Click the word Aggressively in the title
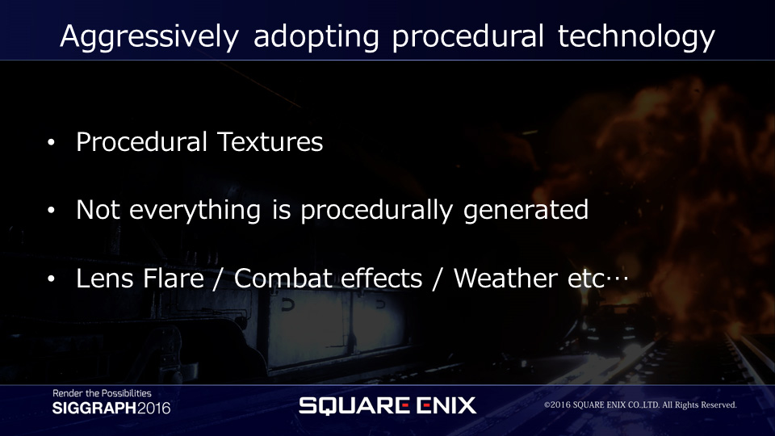(149, 36)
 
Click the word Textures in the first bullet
(270, 142)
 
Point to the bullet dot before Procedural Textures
(52, 143)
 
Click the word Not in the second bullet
(98, 210)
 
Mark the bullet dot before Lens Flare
(52, 279)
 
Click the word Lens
(104, 279)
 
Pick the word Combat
(283, 279)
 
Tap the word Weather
(505, 279)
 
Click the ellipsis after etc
(617, 279)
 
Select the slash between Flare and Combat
(217, 279)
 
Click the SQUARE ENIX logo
(387, 405)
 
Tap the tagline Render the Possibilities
(102, 393)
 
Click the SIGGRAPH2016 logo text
(111, 409)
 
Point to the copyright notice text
(640, 405)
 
